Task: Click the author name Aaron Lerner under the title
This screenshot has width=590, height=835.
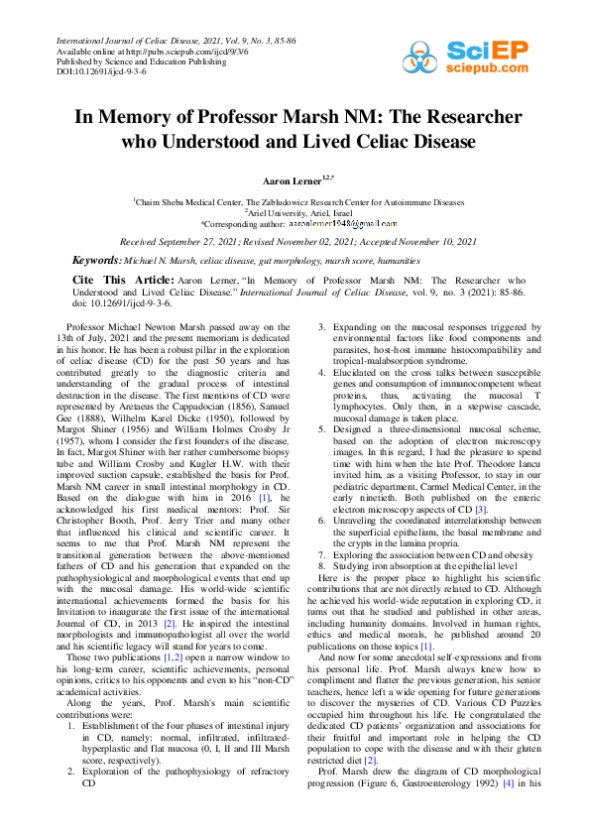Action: click(x=291, y=181)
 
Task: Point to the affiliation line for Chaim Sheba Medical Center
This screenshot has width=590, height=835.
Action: click(x=297, y=200)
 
